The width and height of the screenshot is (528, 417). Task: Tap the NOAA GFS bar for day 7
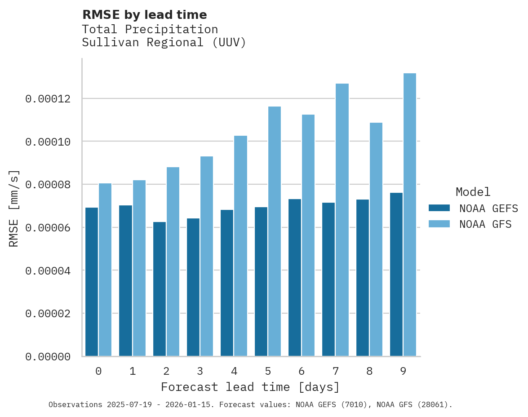click(x=342, y=220)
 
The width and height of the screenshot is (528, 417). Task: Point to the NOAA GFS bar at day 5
click(x=274, y=231)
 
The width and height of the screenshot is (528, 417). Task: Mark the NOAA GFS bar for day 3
click(x=207, y=256)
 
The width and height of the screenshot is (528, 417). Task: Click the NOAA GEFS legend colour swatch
click(x=439, y=208)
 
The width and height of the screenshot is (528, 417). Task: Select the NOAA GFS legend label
click(x=485, y=224)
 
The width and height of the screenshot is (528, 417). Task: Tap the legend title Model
click(x=473, y=192)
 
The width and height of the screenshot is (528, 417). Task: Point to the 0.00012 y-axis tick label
click(x=48, y=99)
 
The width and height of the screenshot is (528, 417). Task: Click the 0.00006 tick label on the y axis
click(x=48, y=228)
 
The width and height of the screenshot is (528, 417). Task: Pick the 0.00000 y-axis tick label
click(x=48, y=357)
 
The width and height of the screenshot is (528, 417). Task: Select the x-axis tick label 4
click(x=234, y=372)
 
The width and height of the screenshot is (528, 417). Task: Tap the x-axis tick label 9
click(x=403, y=372)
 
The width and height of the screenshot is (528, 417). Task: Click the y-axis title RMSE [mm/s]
click(x=14, y=208)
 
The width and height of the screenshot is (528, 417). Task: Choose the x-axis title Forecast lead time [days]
click(x=250, y=387)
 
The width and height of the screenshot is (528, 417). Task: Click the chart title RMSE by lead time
click(x=144, y=15)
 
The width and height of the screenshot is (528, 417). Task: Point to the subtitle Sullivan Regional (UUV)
click(x=164, y=43)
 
